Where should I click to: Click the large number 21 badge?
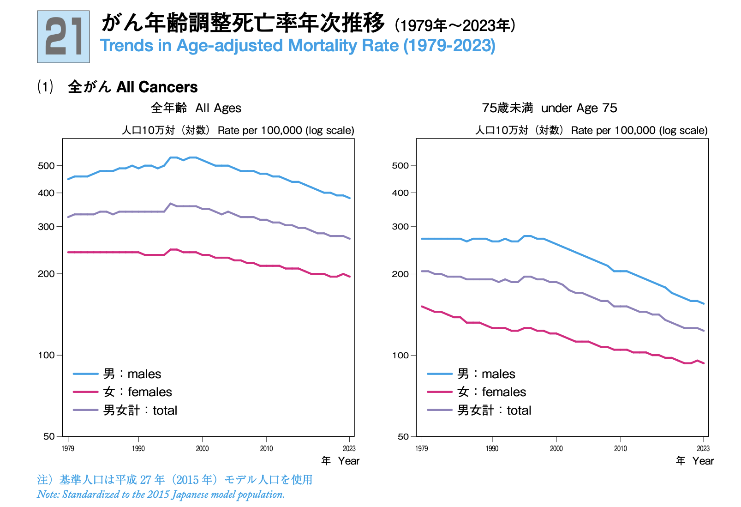pos(64,37)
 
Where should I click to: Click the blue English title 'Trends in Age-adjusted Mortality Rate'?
pos(298,46)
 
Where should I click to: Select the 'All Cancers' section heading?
pos(156,87)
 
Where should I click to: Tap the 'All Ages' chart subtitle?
pos(218,108)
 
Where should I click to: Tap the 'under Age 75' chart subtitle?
pos(579,108)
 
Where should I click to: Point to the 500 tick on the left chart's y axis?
pos(46,166)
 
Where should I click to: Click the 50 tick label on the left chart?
pos(49,436)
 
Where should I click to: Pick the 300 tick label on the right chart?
pos(400,227)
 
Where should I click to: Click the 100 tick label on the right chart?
pos(400,355)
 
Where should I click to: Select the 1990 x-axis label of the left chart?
pos(138,448)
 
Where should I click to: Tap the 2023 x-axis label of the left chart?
pos(349,448)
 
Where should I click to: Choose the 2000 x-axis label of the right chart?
pos(556,448)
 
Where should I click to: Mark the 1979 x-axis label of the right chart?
pos(422,448)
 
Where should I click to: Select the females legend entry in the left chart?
pos(137,392)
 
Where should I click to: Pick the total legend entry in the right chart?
pos(494,410)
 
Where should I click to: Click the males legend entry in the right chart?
pos(486,374)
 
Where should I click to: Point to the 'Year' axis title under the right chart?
pos(703,461)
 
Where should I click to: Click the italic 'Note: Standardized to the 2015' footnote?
pos(161,495)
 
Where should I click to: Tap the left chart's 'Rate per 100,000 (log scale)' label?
pos(286,131)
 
